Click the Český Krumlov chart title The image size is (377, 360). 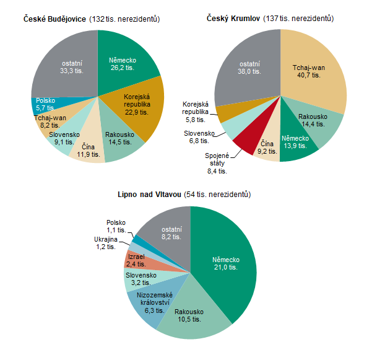click(270, 19)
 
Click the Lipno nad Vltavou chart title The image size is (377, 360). click(184, 195)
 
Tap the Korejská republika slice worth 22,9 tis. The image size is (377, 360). click(139, 104)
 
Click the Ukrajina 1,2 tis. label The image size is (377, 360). click(105, 242)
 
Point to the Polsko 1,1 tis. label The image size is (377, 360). click(116, 226)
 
